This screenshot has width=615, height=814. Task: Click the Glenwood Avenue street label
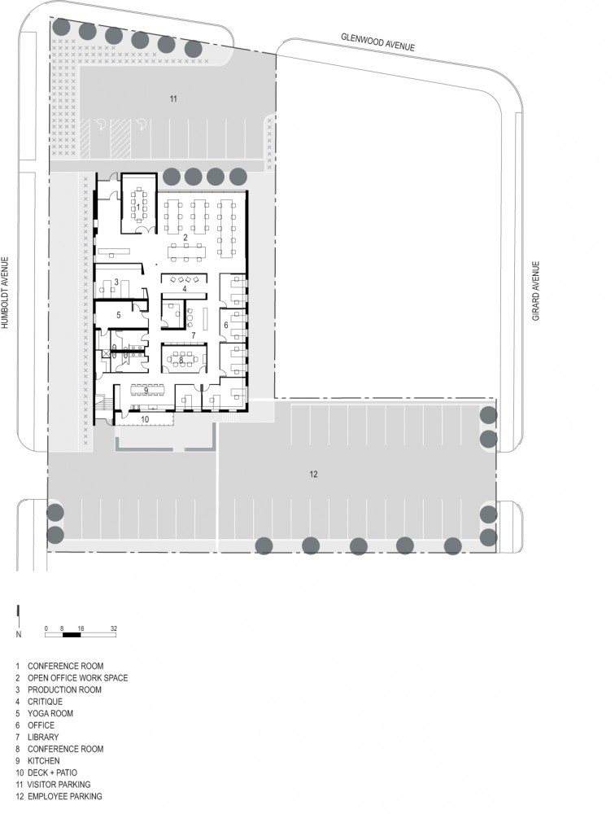(x=377, y=42)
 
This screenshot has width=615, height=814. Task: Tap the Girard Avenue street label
(x=536, y=291)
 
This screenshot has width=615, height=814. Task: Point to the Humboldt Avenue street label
(x=5, y=293)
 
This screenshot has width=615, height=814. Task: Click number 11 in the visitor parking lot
(x=173, y=98)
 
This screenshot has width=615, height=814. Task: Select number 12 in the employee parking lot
(x=313, y=474)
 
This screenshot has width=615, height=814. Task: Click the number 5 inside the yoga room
(x=118, y=315)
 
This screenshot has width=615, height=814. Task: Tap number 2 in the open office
(x=185, y=238)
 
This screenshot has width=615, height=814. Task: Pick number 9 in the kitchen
(x=146, y=391)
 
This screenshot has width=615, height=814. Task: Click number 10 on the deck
(x=145, y=419)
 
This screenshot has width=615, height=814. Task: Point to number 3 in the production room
(x=117, y=282)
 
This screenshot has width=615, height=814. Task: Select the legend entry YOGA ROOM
(x=50, y=713)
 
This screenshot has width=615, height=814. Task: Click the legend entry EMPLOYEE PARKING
(x=65, y=796)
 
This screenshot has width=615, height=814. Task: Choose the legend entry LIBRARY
(x=43, y=737)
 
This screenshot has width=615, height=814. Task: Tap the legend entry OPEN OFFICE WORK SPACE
(x=77, y=678)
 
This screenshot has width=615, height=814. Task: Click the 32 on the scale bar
(x=114, y=628)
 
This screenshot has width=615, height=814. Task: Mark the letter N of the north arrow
(x=19, y=634)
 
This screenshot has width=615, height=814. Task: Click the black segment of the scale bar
(x=72, y=634)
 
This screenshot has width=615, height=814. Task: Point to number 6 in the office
(x=226, y=325)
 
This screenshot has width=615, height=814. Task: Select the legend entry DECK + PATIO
(x=52, y=772)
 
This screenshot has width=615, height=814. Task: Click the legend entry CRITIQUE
(x=45, y=702)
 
